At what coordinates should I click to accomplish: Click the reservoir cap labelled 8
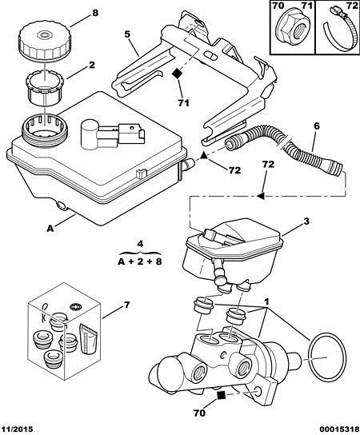point(45,42)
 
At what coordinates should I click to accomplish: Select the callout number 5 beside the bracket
point(127,34)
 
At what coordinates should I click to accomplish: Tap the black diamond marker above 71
point(177,74)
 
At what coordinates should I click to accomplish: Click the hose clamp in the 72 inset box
point(338,30)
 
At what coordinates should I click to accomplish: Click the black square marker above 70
point(221,395)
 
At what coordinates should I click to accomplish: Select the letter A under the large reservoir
point(50,229)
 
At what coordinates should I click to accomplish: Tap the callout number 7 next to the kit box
point(126,305)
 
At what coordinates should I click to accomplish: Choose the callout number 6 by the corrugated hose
point(317,126)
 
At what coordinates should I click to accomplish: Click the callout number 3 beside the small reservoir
point(306,221)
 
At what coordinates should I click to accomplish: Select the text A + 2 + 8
point(140,261)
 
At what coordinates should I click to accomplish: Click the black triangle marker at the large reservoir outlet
point(203,156)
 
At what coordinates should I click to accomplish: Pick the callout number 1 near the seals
point(266,301)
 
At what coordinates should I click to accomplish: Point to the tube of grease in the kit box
point(88,338)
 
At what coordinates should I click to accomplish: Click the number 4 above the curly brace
point(140,244)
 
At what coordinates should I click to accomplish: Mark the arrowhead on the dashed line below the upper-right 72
point(260,196)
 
